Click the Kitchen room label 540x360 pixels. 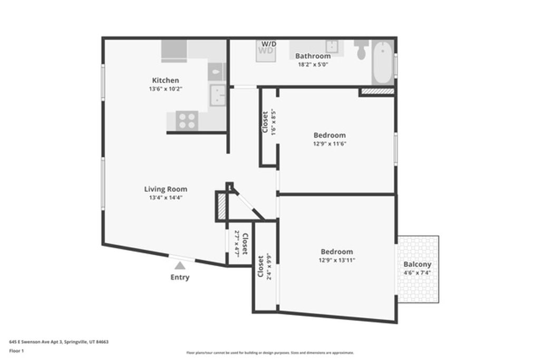pyautogui.click(x=166, y=80)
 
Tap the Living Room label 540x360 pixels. pyautogui.click(x=166, y=189)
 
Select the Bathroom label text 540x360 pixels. pyautogui.click(x=313, y=56)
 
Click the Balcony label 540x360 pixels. pyautogui.click(x=417, y=264)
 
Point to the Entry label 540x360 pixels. pyautogui.click(x=180, y=277)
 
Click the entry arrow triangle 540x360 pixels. pyautogui.click(x=180, y=266)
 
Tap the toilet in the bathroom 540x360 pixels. pyautogui.click(x=362, y=51)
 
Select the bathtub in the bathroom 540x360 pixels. pyautogui.click(x=383, y=62)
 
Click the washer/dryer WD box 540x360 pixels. pyautogui.click(x=265, y=51)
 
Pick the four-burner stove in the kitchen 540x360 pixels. pyautogui.click(x=187, y=121)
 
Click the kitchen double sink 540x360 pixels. pyautogui.click(x=217, y=95)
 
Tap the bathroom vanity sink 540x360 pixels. pyautogui.click(x=332, y=46)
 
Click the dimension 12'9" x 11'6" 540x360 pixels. pyautogui.click(x=330, y=143)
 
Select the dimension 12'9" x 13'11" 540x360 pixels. pyautogui.click(x=336, y=260)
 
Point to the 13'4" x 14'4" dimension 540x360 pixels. pyautogui.click(x=166, y=198)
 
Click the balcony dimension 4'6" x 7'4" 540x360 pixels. pyautogui.click(x=417, y=273)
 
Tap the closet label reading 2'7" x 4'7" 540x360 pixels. pyautogui.click(x=240, y=244)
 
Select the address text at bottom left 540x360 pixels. pyautogui.click(x=59, y=342)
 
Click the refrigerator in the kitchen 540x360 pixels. pyautogui.click(x=174, y=51)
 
